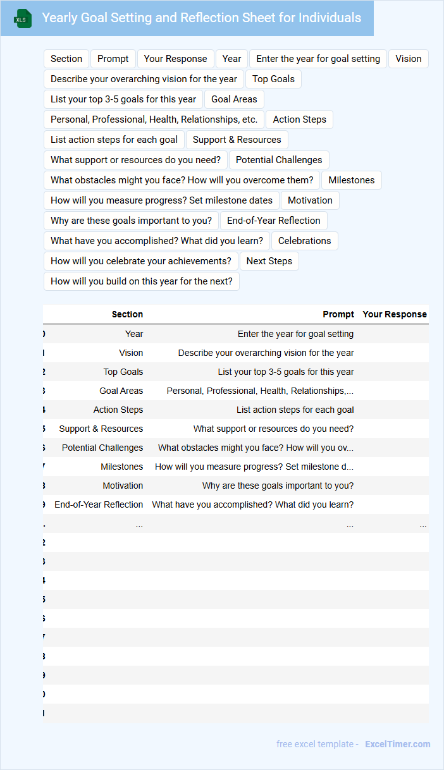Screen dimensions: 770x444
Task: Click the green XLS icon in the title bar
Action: pos(23,18)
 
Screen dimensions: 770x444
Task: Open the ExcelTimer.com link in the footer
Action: pos(397,744)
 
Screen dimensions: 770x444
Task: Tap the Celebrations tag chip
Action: pos(304,241)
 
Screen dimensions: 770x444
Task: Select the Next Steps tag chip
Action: pos(269,261)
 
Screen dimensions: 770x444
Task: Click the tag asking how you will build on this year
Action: pos(141,281)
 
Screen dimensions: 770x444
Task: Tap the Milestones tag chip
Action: pos(351,180)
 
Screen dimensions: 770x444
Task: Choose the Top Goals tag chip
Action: pos(273,79)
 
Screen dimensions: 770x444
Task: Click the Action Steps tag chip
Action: pos(299,119)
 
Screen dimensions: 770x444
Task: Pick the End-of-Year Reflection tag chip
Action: pos(273,221)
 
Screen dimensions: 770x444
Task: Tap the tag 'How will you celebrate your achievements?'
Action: pos(140,261)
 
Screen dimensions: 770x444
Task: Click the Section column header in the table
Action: pos(127,314)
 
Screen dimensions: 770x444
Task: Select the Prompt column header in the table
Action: pos(338,314)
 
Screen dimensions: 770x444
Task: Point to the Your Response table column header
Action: pos(395,314)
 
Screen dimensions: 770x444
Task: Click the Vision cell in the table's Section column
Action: pos(131,353)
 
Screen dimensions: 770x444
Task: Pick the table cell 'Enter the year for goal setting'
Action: pos(295,334)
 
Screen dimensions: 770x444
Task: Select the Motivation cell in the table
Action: pos(123,486)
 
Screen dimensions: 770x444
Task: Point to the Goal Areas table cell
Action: pos(121,391)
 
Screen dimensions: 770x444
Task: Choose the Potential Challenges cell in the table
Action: pos(102,448)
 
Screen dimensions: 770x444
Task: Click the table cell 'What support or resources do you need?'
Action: pos(273,429)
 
